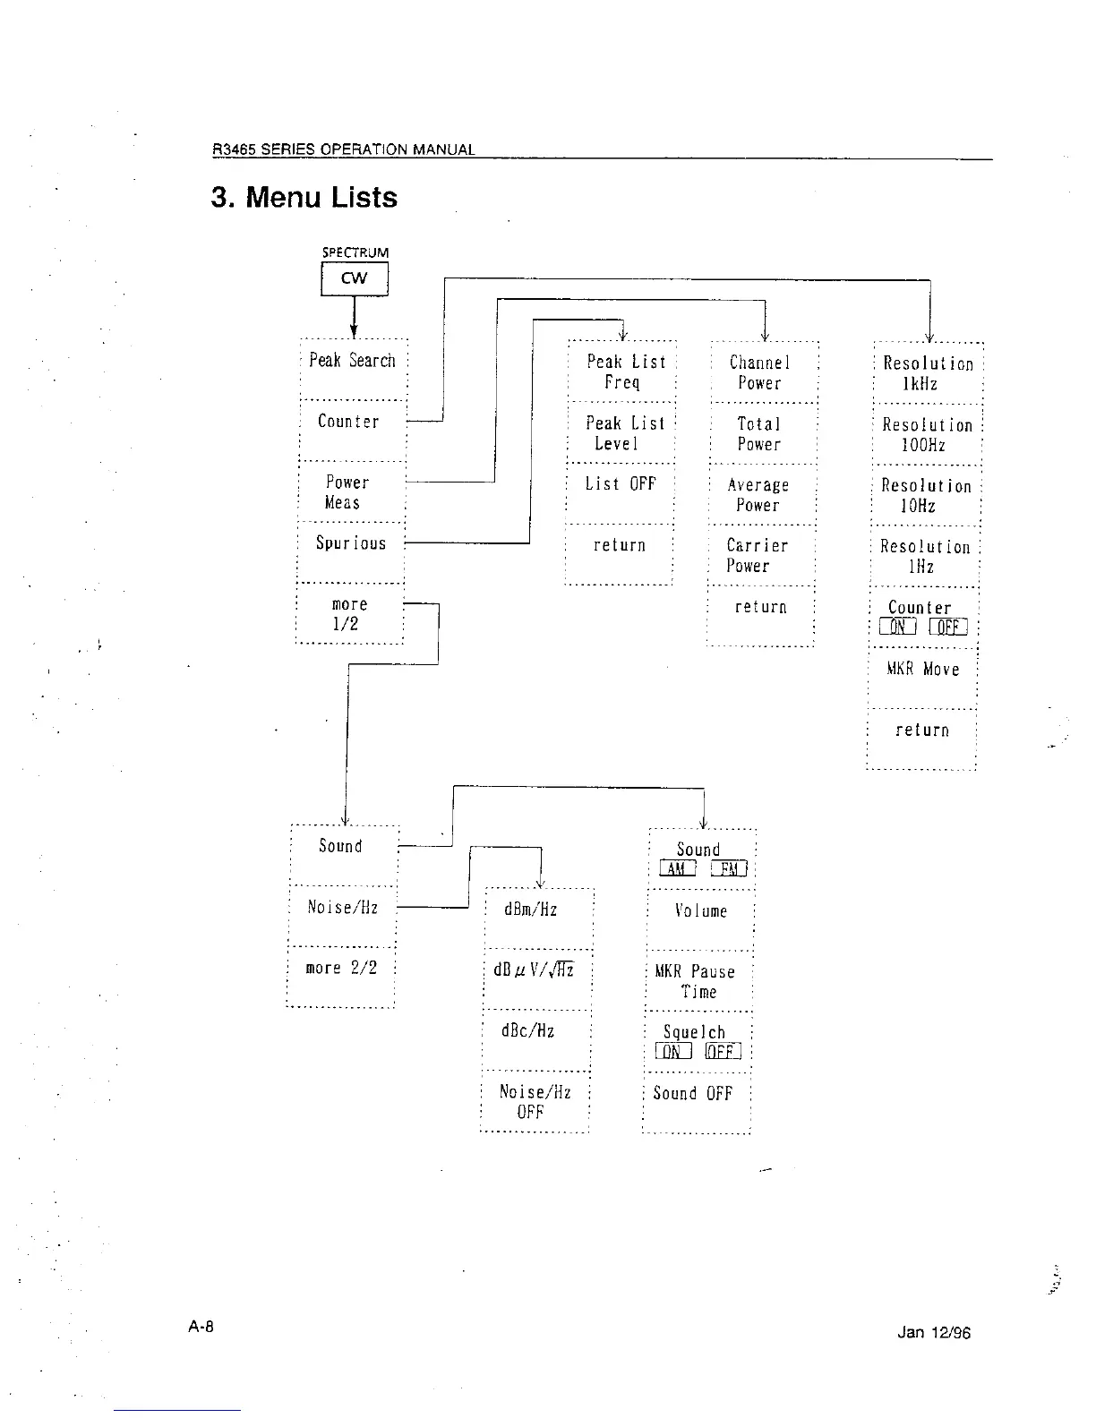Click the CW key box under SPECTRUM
pos(355,278)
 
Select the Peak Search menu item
pos(352,361)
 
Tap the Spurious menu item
pos(351,543)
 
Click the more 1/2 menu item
pos(349,614)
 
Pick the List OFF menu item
pos(621,484)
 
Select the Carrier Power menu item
pos(758,556)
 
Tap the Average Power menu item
pos(758,495)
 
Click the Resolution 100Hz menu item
pos(927,435)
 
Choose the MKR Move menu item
pos(923,670)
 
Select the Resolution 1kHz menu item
pos(928,373)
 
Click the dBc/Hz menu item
pos(528,1031)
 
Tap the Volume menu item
pos(700,911)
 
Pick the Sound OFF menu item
pos(693,1094)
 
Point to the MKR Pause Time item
pos(696,981)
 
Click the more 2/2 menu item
pos(341,969)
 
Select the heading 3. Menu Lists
pos(304,198)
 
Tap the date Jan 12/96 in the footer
pos(933,1333)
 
